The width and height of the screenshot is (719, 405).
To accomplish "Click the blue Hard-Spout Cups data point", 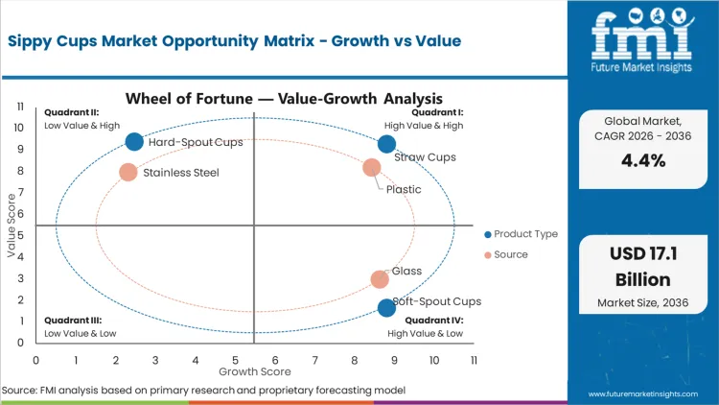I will pos(134,142).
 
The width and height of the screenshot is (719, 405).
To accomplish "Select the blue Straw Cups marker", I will pos(386,144).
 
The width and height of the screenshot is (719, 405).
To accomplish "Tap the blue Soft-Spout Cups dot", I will pos(386,308).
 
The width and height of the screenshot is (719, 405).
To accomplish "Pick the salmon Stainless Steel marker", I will pos(128,173).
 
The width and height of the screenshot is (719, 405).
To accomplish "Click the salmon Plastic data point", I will pos(372,168).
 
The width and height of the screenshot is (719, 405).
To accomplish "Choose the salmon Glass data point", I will pos(380,279).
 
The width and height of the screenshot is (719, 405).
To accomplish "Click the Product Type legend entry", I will pos(522,234).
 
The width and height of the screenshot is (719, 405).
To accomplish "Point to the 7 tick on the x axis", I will pos(315,360).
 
